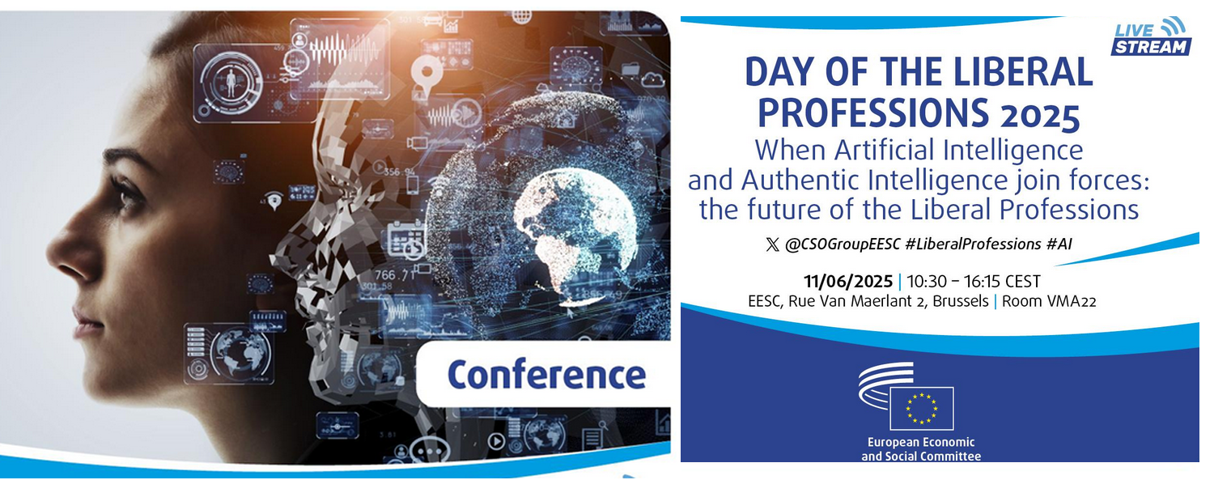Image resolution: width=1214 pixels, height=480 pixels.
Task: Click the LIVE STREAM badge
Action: click(1151, 37)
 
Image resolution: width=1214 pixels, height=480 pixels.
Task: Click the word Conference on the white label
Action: click(547, 375)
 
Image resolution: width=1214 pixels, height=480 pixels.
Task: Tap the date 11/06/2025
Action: click(847, 282)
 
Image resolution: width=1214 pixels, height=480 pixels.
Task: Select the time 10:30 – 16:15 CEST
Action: click(974, 282)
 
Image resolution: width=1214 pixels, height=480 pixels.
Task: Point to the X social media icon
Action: click(772, 245)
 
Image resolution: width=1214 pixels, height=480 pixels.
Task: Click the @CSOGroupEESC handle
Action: click(843, 244)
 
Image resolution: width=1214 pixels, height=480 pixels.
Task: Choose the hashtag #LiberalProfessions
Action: click(974, 244)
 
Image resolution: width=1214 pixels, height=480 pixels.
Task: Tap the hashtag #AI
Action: click(1059, 244)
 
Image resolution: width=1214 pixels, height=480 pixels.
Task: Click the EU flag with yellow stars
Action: click(921, 409)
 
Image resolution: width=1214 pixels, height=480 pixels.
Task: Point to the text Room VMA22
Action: click(1049, 301)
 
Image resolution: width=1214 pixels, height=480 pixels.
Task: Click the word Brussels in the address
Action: click(961, 301)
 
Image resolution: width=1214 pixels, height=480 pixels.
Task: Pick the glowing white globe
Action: click(575, 234)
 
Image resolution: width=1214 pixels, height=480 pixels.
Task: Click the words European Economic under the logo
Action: click(921, 442)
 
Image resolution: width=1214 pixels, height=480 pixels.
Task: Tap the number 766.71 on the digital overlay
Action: click(396, 276)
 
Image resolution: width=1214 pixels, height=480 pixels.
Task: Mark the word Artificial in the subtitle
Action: click(885, 150)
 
